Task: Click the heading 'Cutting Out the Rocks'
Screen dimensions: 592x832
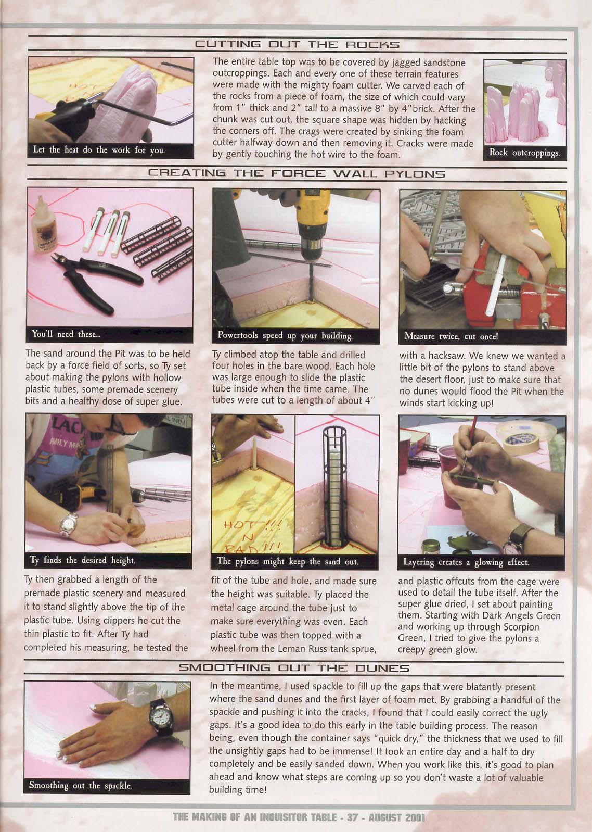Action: click(297, 45)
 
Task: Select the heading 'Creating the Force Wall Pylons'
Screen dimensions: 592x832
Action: click(297, 173)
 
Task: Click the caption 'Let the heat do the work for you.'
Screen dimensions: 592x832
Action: click(99, 150)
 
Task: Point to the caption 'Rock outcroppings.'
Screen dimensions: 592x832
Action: click(524, 152)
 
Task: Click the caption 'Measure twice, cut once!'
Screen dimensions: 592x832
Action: click(451, 336)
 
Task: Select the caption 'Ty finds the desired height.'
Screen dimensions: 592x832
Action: click(82, 560)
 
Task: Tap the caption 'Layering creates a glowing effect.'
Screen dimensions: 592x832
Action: click(466, 562)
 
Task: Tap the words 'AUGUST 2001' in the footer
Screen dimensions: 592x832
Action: click(396, 817)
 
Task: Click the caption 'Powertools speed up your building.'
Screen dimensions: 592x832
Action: click(285, 335)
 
